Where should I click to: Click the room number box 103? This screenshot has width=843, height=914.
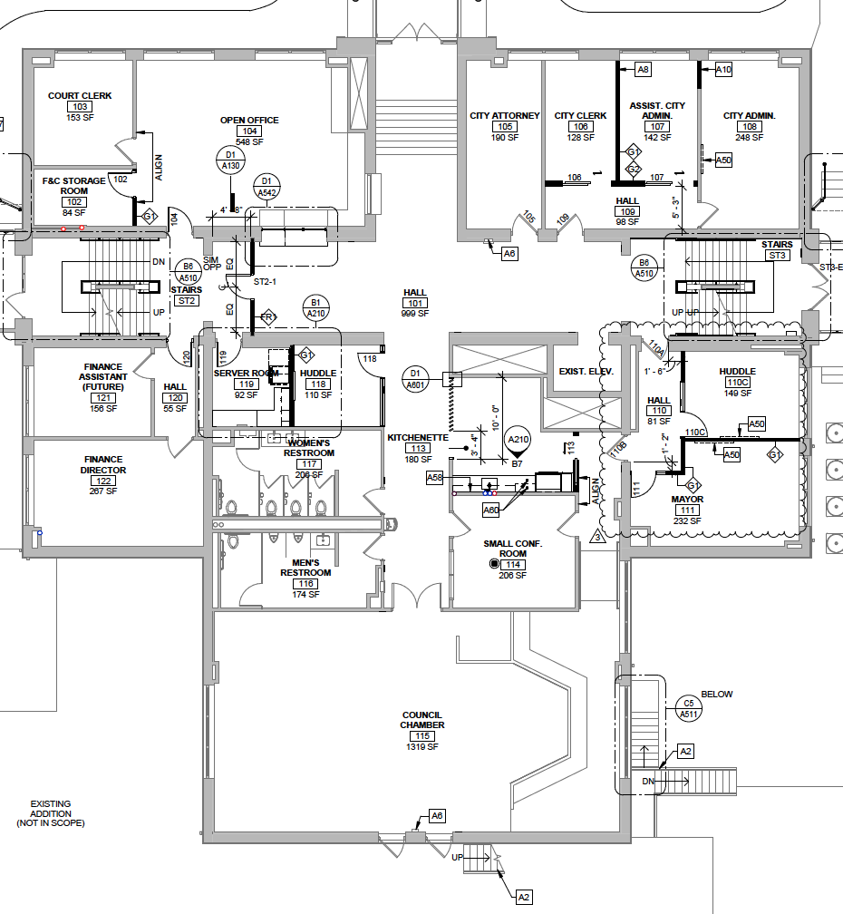pyautogui.click(x=80, y=107)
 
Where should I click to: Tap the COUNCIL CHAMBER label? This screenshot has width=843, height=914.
pyautogui.click(x=422, y=720)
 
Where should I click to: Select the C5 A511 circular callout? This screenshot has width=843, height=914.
pyautogui.click(x=689, y=708)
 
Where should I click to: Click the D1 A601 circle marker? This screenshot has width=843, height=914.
pyautogui.click(x=416, y=379)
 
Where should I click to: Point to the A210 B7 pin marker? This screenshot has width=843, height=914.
pyautogui.click(x=518, y=443)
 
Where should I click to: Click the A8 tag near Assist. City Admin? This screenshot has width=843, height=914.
pyautogui.click(x=643, y=69)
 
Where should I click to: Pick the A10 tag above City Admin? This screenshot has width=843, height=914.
pyautogui.click(x=723, y=69)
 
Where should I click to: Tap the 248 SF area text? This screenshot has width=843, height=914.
pyautogui.click(x=749, y=138)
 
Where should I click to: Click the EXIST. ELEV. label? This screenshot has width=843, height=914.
pyautogui.click(x=586, y=372)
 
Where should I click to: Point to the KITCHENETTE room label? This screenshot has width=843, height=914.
pyautogui.click(x=418, y=437)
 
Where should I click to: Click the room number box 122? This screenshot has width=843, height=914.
pyautogui.click(x=104, y=481)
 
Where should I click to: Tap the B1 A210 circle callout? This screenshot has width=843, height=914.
pyautogui.click(x=316, y=307)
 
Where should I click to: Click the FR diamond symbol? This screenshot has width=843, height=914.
pyautogui.click(x=267, y=316)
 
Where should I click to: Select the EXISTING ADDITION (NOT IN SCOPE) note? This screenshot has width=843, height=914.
pyautogui.click(x=50, y=813)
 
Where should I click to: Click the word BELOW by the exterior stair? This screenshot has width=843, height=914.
pyautogui.click(x=716, y=695)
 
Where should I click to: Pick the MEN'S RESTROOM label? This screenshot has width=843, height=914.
pyautogui.click(x=305, y=568)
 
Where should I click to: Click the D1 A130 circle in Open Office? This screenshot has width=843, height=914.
pyautogui.click(x=231, y=160)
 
